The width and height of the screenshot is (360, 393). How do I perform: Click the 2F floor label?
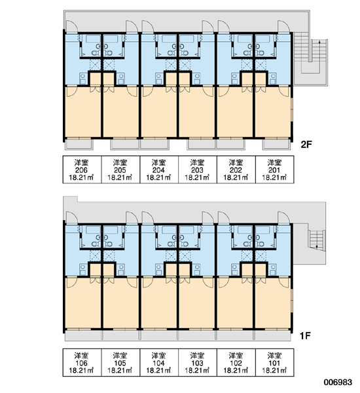[x=306, y=145]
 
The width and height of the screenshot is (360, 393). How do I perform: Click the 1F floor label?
[x=306, y=335]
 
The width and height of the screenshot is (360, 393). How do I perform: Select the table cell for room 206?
[x=82, y=170]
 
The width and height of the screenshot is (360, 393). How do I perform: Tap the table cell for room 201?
[x=274, y=170]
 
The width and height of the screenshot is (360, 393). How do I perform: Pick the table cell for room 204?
[x=159, y=170]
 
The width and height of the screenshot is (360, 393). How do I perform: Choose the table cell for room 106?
[x=82, y=362]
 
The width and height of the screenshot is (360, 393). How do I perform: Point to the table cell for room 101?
[x=274, y=362]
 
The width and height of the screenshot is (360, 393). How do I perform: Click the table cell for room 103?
[x=198, y=362]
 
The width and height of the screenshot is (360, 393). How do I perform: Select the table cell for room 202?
[x=236, y=170]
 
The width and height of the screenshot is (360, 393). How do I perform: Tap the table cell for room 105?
[x=120, y=362]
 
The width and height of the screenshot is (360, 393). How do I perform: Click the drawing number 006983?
[x=338, y=383]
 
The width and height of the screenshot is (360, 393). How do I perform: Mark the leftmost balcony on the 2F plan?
[x=79, y=144]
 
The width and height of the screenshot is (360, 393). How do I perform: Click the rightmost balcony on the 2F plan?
[x=277, y=144]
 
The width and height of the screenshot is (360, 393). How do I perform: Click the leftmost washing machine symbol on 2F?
[x=83, y=79]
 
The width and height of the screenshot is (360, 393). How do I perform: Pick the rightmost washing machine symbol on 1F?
[x=273, y=270]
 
